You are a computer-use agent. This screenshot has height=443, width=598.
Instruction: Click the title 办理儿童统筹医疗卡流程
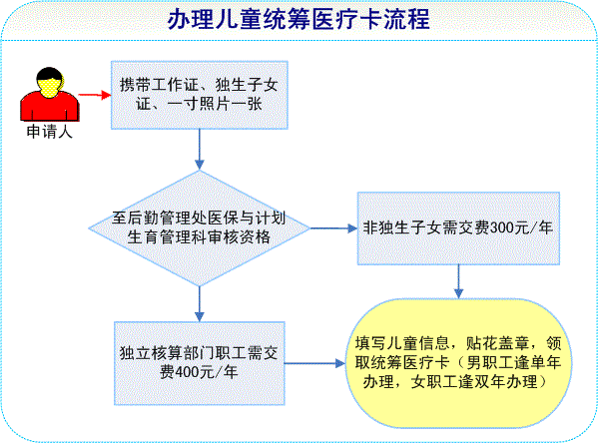pyautogui.click(x=299, y=19)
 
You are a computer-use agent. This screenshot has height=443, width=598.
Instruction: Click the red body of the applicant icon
pyautogui.click(x=50, y=107)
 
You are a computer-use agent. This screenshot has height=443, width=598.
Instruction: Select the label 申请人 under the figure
pyautogui.click(x=50, y=132)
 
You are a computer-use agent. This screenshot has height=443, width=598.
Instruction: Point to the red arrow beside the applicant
pyautogui.click(x=95, y=95)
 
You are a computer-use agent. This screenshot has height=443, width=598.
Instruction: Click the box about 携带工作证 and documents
pyautogui.click(x=199, y=95)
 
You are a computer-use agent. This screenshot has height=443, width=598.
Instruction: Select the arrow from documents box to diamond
pyautogui.click(x=199, y=149)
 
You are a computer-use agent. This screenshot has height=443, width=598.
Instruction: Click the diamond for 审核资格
pyautogui.click(x=199, y=227)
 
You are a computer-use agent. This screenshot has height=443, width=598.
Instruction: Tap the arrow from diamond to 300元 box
pyautogui.click(x=333, y=228)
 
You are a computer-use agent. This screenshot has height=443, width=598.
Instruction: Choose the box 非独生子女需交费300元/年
pyautogui.click(x=458, y=228)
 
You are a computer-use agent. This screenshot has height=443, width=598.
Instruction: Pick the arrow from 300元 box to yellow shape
pyautogui.click(x=458, y=281)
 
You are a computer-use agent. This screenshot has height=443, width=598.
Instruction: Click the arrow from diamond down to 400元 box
pyautogui.click(x=199, y=304)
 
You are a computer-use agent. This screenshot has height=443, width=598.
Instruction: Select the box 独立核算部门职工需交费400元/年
pyautogui.click(x=200, y=363)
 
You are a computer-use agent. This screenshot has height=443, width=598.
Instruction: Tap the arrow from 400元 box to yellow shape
pyautogui.click(x=315, y=363)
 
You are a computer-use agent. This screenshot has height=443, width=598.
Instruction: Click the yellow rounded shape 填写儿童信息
pyautogui.click(x=458, y=363)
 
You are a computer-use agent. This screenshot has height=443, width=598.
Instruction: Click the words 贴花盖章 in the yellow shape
pyautogui.click(x=497, y=343)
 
